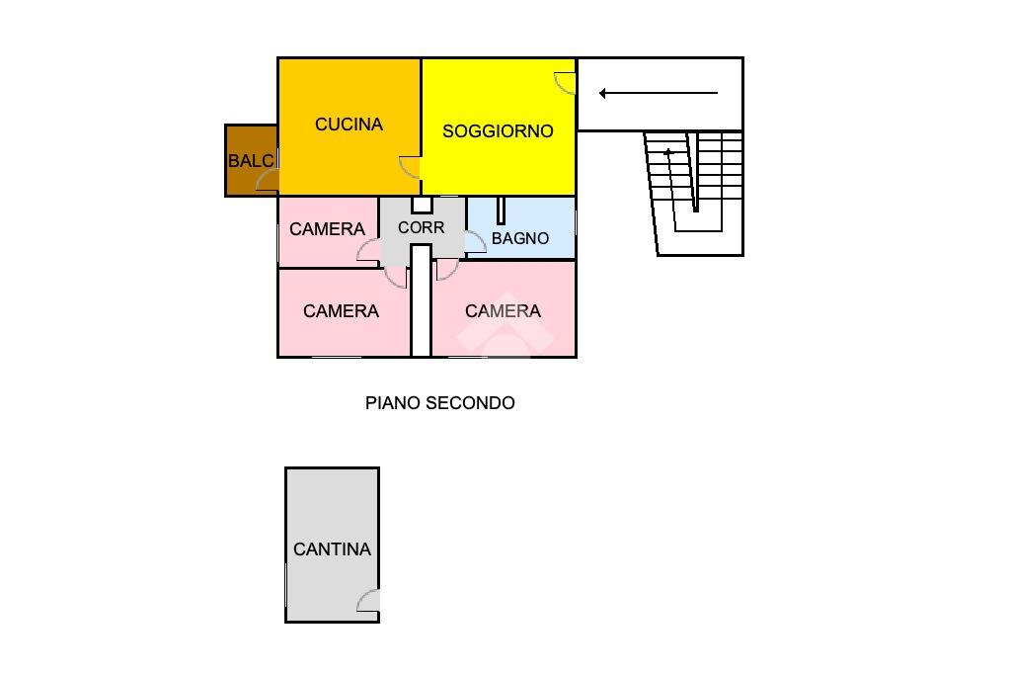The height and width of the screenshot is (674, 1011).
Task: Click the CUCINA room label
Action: coord(349,125)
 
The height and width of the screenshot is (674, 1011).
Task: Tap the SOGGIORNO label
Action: coord(498,131)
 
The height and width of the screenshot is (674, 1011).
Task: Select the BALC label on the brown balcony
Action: coord(250,161)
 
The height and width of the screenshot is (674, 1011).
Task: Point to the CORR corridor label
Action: coord(422,227)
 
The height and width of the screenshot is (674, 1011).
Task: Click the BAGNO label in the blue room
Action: coord(520,238)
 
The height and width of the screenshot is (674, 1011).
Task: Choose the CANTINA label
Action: coord(332,549)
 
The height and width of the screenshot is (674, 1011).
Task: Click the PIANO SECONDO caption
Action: coord(439,403)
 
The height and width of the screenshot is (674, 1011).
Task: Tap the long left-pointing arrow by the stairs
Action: coord(658,94)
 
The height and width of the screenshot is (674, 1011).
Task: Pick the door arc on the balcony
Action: coord(268,180)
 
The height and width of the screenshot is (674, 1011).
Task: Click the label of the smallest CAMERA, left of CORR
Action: coord(327,229)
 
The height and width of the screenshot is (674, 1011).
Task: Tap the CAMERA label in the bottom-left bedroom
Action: coord(341,311)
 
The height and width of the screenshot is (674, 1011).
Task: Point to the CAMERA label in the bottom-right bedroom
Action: coord(503,311)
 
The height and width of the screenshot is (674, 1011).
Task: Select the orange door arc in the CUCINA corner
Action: coord(410,167)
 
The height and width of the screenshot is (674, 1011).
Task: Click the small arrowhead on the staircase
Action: coord(668,152)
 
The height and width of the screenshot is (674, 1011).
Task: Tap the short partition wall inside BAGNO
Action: coord(501,211)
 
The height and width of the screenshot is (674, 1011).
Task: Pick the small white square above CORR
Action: coord(422,205)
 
